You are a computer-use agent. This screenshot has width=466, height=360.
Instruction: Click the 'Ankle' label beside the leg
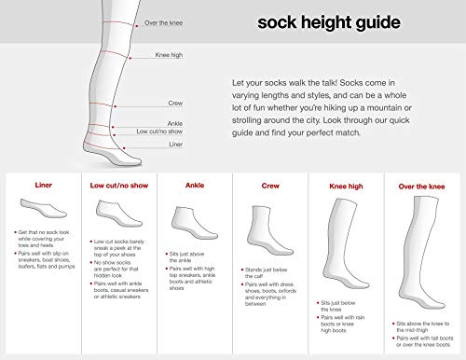pyautogui.click(x=150, y=121)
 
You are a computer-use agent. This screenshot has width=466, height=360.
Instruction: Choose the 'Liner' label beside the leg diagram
pyautogui.click(x=149, y=145)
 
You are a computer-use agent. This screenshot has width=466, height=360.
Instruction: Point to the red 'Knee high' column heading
pyautogui.click(x=346, y=186)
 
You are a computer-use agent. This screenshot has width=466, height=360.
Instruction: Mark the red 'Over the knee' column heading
pyautogui.click(x=420, y=186)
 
